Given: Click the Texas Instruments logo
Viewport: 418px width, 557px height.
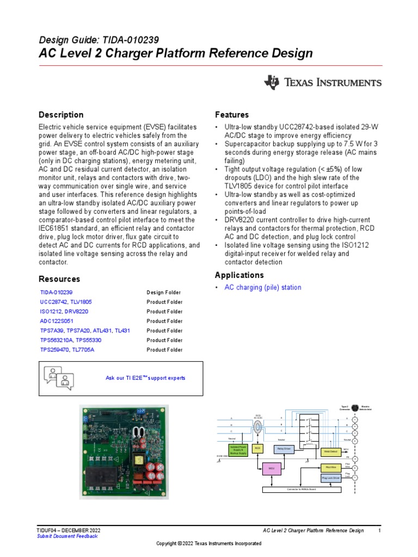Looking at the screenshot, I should (323, 83).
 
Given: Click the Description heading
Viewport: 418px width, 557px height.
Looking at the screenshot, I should (61, 115).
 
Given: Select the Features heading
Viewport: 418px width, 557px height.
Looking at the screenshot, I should (231, 115).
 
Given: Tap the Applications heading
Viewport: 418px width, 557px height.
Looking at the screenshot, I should (239, 275).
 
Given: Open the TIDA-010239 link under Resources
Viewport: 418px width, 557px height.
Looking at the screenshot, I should (56, 293).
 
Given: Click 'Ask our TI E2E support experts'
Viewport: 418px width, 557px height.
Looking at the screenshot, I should (145, 377).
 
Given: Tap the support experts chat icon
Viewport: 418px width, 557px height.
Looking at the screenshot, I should (58, 377).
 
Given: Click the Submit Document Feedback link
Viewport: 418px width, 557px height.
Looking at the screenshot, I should (67, 536).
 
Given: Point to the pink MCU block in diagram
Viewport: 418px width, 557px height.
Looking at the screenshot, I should (270, 468).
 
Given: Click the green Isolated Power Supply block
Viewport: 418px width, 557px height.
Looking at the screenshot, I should (237, 449).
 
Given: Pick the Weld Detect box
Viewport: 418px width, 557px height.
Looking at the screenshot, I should (331, 451).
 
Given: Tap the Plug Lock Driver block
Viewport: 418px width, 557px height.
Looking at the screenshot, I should (330, 478).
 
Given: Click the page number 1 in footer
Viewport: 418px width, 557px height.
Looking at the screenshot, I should (379, 530).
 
